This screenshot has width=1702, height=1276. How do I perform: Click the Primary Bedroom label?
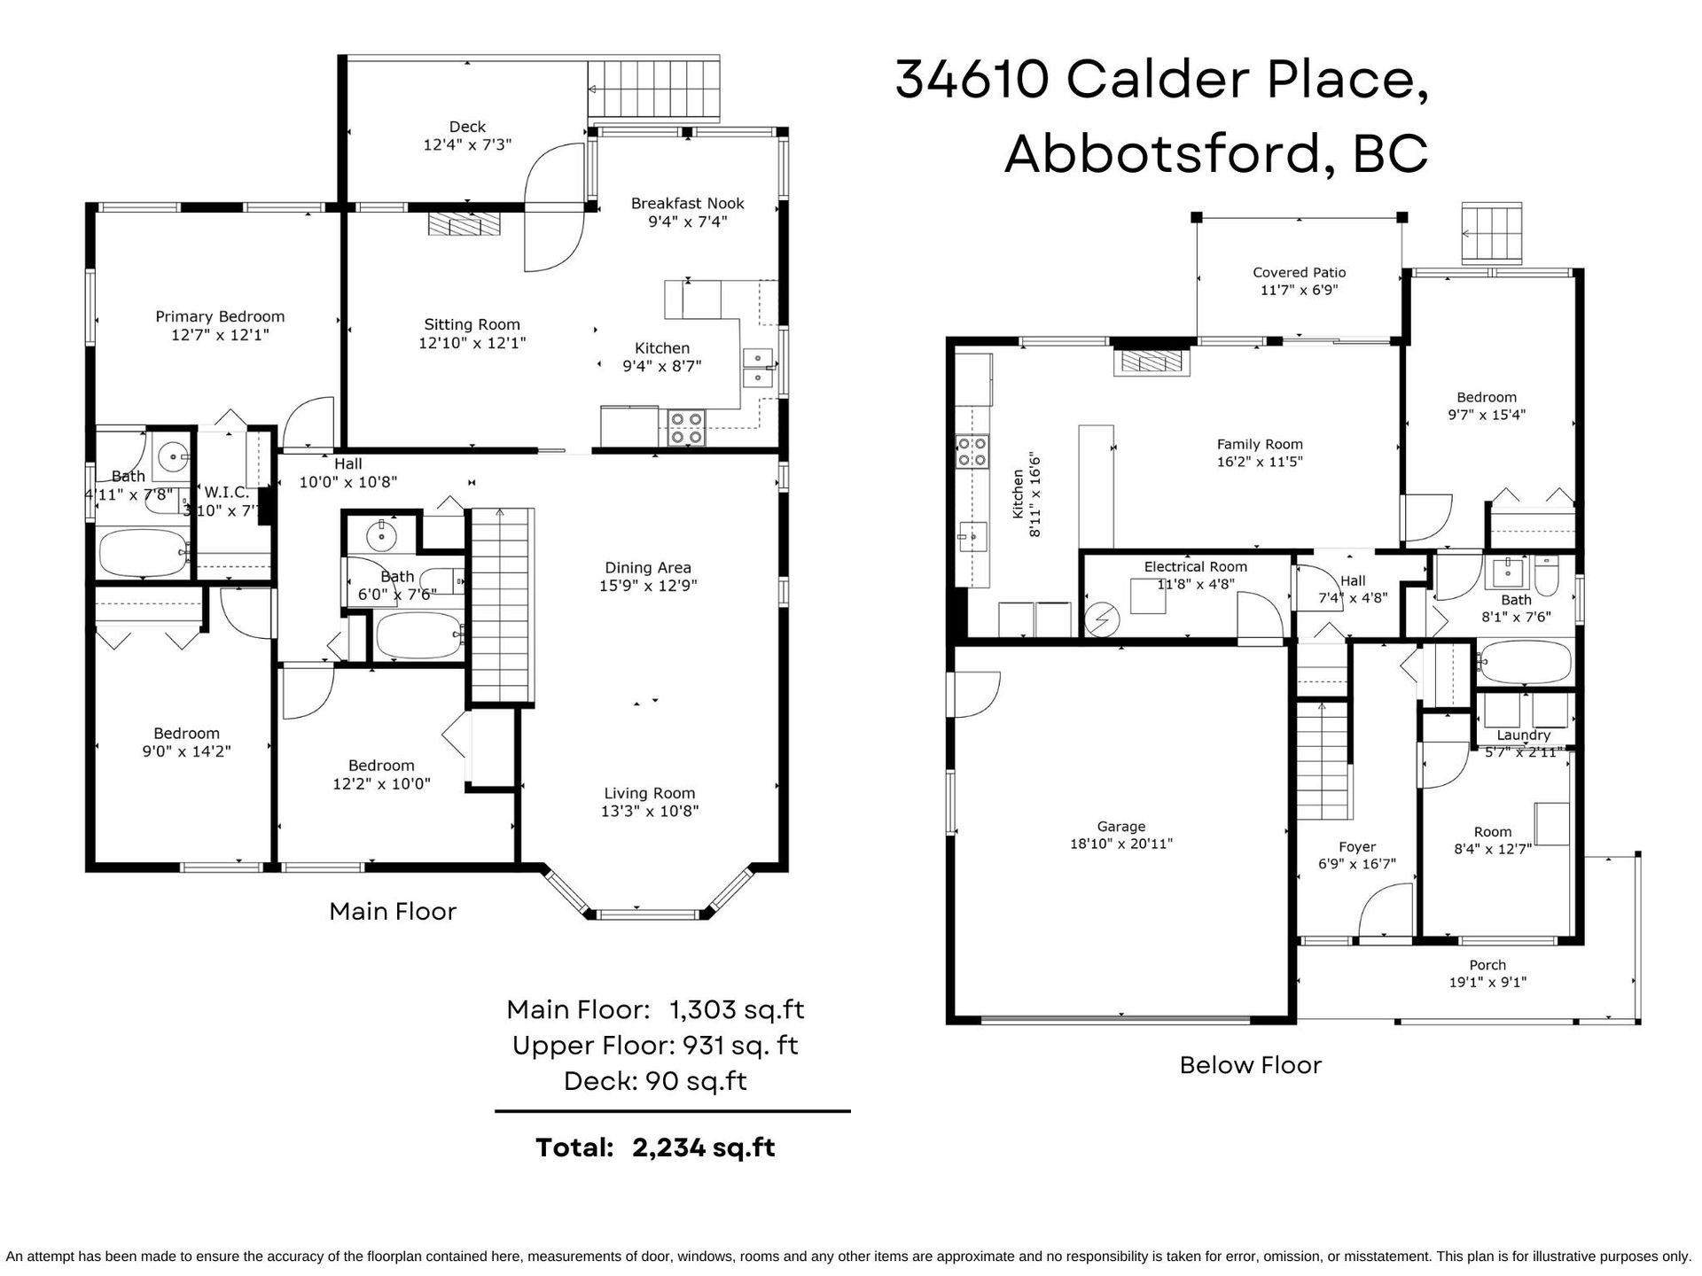click(x=220, y=316)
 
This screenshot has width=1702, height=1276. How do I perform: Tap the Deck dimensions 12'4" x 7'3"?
click(x=467, y=144)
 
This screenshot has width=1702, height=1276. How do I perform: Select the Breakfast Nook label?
click(x=688, y=203)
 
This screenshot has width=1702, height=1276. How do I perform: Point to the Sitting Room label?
click(x=472, y=324)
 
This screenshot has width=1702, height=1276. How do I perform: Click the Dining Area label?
click(x=648, y=568)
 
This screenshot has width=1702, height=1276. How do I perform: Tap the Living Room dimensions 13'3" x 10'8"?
click(x=650, y=811)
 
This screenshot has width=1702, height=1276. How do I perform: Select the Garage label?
click(x=1121, y=827)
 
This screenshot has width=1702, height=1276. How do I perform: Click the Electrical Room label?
click(x=1195, y=567)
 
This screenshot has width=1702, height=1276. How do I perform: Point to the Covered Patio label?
click(x=1300, y=273)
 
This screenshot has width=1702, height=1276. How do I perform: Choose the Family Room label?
click(x=1260, y=445)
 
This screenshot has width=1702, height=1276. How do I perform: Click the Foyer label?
click(x=1357, y=847)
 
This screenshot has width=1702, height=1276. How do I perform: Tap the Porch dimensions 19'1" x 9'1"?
click(x=1487, y=982)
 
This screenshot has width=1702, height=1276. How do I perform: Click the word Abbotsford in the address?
click(x=1162, y=153)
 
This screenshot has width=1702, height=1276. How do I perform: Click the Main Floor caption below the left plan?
click(x=393, y=911)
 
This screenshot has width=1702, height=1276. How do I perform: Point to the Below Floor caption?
click(x=1250, y=1065)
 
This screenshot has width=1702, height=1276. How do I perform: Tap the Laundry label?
click(x=1523, y=735)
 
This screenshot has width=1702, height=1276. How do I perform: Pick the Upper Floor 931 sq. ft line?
click(x=655, y=1046)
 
